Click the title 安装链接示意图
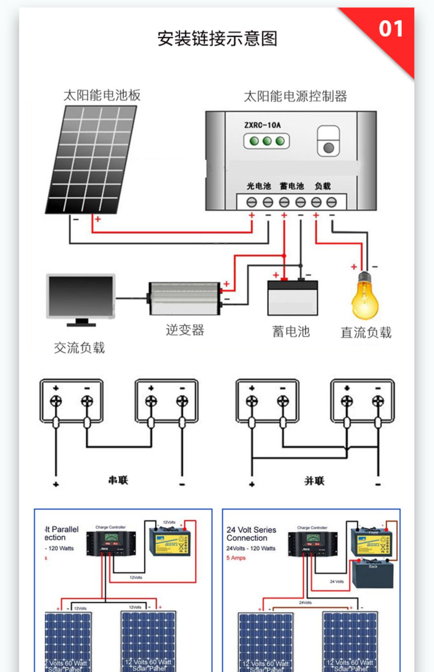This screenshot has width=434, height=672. point(217,38)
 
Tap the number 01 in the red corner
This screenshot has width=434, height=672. point(391,29)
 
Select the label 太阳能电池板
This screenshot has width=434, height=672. point(102,95)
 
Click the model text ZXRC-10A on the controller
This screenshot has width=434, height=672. point(262,125)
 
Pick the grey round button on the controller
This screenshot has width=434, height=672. point(329,148)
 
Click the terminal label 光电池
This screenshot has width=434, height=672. point(258,186)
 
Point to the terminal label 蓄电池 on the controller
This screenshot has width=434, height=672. point(292,186)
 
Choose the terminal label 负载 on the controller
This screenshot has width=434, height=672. point(323,186)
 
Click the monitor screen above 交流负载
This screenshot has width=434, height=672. point(81,296)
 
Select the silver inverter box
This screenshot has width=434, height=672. point(184,298)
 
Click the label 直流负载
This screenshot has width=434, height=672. point(366,332)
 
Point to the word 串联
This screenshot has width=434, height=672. point(118,480)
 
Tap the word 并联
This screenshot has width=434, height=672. point(314,481)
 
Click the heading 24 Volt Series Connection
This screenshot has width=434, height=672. point(251,534)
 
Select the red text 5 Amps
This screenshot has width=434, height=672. point(236,558)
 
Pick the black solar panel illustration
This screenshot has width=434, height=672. point(91,159)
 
